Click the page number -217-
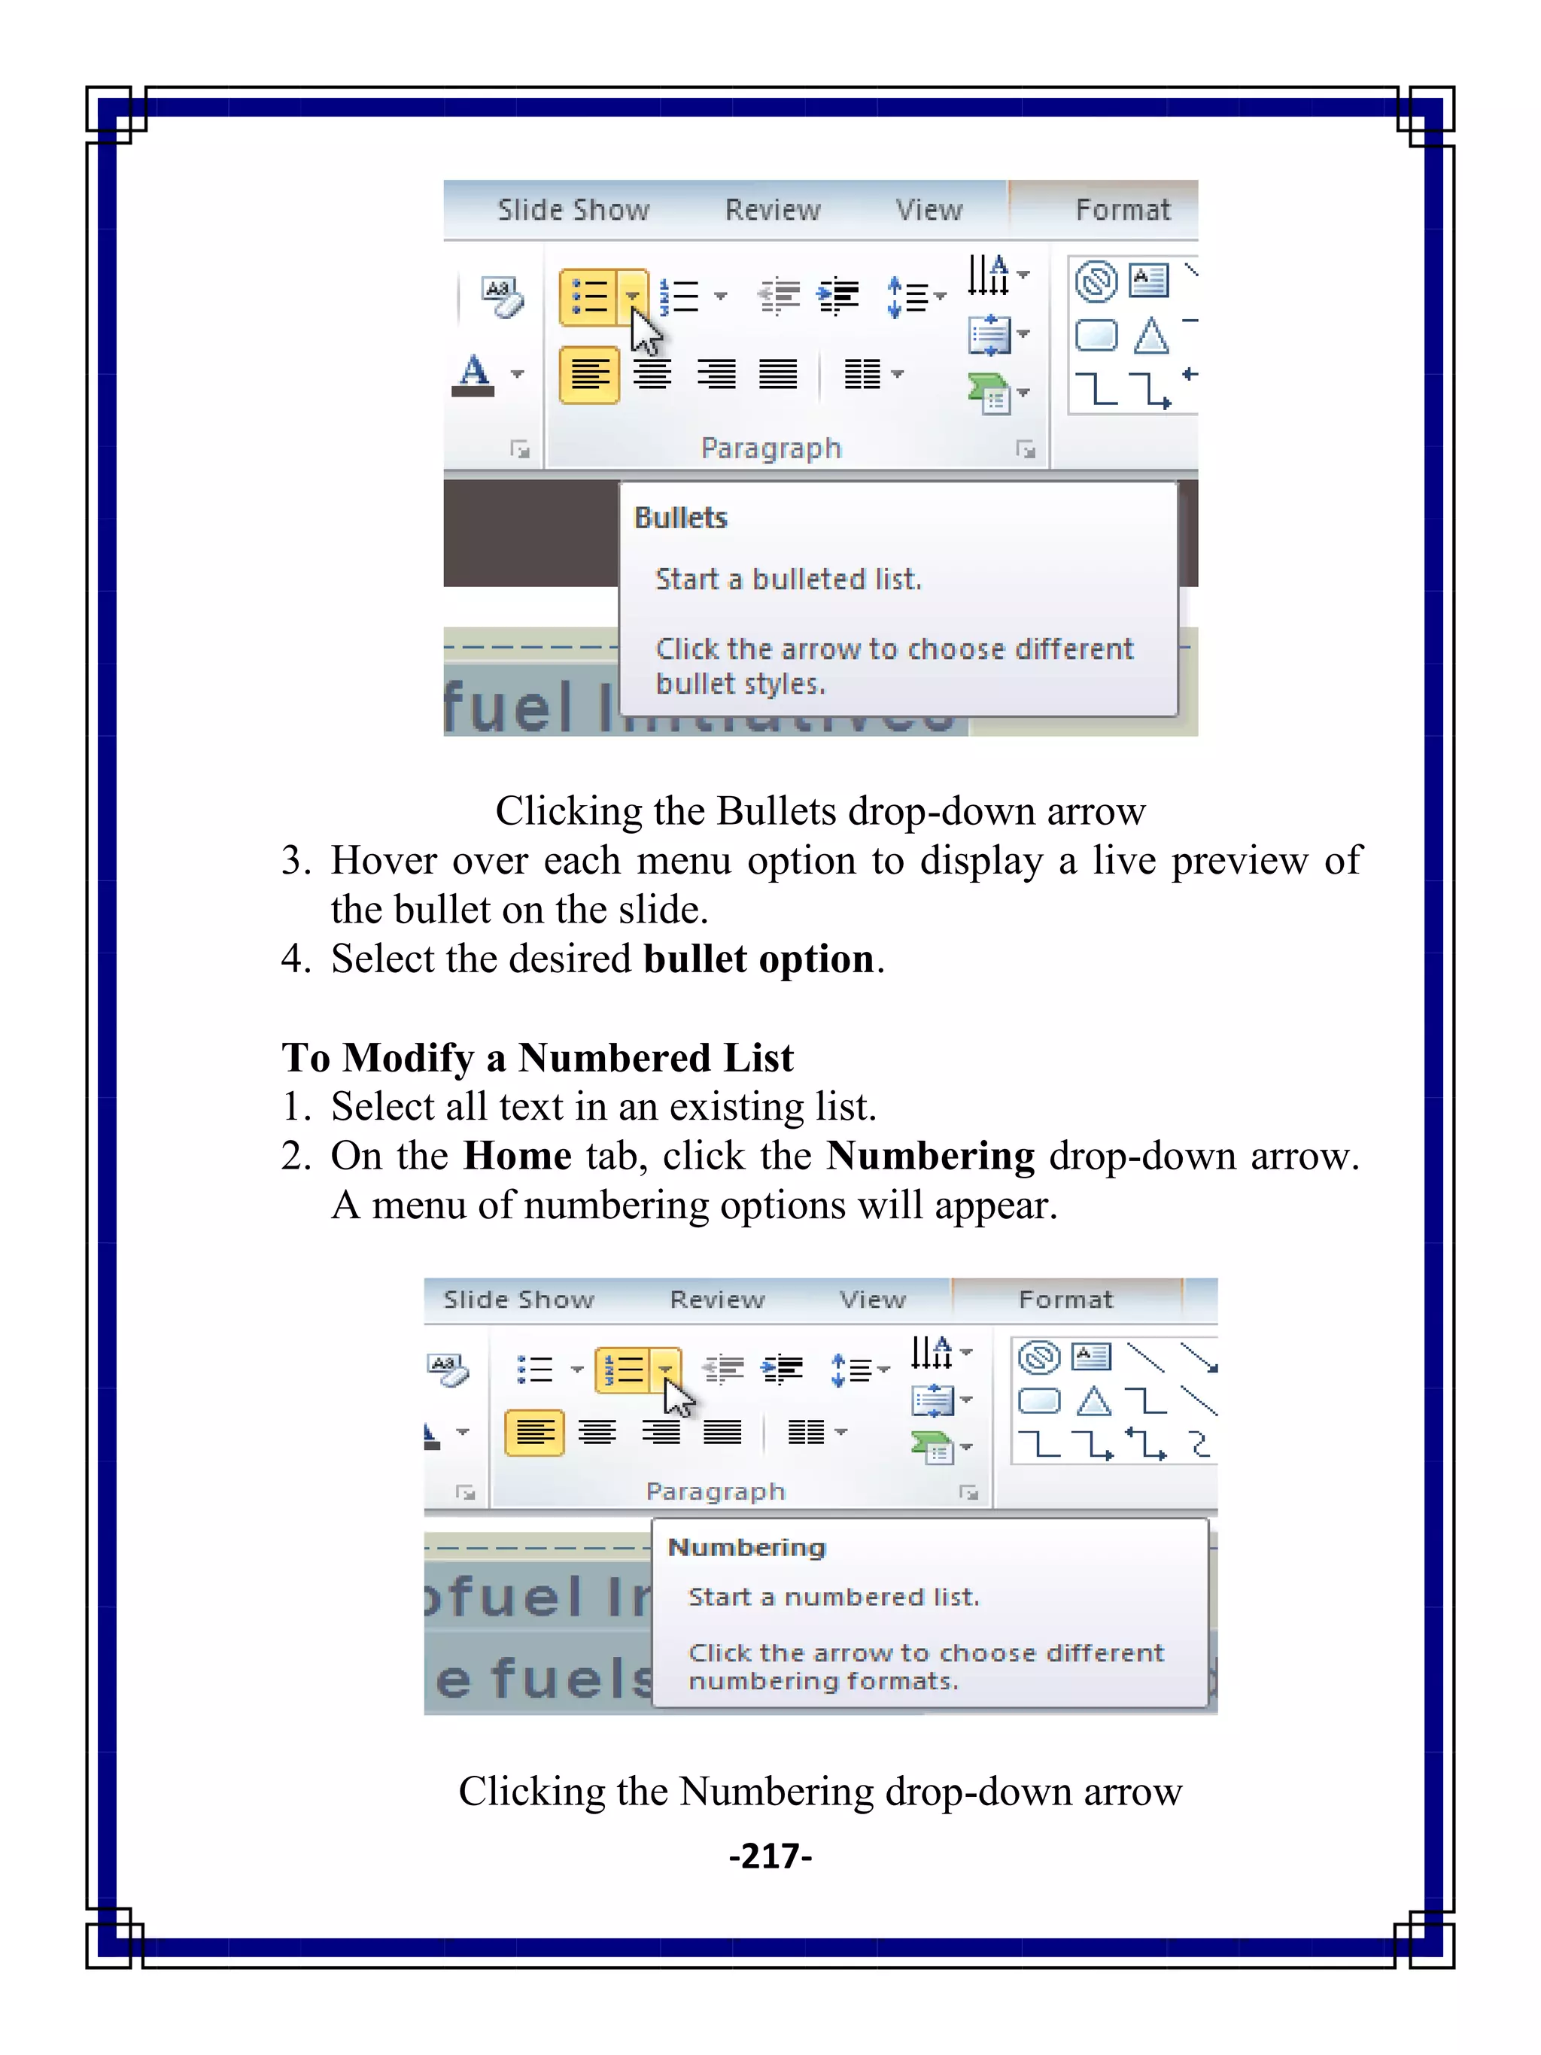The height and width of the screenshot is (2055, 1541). pos(770,1856)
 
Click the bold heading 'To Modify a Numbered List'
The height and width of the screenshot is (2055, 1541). pos(538,1057)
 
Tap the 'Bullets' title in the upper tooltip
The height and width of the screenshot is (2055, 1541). pos(680,518)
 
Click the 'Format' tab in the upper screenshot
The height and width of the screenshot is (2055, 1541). pos(1122,210)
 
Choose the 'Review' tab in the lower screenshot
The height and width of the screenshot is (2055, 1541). pos(717,1300)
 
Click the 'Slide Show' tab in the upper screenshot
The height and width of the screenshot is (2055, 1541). pos(573,210)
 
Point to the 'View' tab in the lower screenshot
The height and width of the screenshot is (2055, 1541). pos(872,1300)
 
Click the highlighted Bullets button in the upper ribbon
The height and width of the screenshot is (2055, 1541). pos(590,297)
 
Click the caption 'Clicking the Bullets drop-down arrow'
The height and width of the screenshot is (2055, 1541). pos(820,811)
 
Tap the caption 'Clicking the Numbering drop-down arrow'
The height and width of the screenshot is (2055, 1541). pos(820,1791)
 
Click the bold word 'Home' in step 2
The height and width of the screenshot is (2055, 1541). pos(518,1156)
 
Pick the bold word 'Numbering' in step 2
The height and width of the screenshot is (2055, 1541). pos(931,1156)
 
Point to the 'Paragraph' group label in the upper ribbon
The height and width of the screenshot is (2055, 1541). pos(771,448)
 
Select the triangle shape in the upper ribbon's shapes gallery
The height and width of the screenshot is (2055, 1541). pos(1151,336)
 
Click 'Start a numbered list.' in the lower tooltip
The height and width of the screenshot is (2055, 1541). pos(833,1597)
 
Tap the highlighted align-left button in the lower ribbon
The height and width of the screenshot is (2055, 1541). pos(534,1433)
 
